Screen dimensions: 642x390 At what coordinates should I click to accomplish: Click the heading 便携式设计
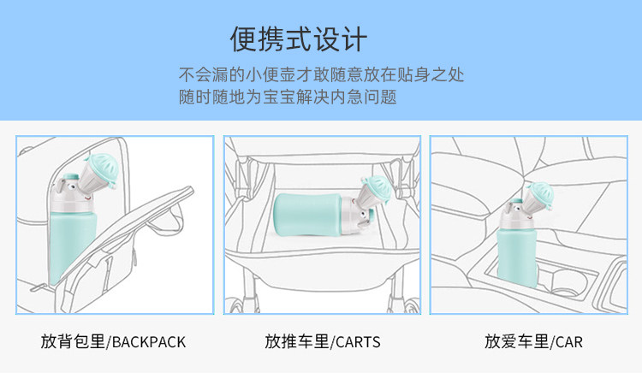pyautogui.click(x=299, y=39)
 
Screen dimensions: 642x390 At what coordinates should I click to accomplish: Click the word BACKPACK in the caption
pyautogui.click(x=149, y=342)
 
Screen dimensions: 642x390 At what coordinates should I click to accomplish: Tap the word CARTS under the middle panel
pyautogui.click(x=358, y=342)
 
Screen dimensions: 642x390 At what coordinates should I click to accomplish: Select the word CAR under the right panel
pyautogui.click(x=568, y=342)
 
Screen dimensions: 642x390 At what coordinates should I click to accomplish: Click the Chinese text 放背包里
pyautogui.click(x=73, y=341)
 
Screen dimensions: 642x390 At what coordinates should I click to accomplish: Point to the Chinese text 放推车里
pyautogui.click(x=297, y=341)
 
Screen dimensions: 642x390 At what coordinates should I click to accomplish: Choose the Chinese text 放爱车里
pyautogui.click(x=517, y=341)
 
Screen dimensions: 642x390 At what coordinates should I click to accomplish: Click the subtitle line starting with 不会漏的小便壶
pyautogui.click(x=321, y=75)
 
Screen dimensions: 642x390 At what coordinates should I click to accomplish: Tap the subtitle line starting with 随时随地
pyautogui.click(x=288, y=97)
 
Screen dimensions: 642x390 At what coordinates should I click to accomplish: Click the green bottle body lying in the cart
pyautogui.click(x=308, y=215)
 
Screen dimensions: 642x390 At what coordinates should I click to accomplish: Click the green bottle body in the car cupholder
pyautogui.click(x=517, y=257)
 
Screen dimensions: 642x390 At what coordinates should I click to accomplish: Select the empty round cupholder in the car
pyautogui.click(x=568, y=283)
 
